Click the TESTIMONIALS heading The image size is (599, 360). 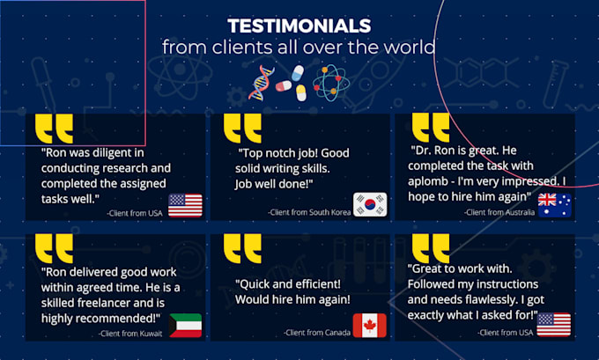[299, 26]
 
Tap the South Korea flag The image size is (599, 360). [370, 204]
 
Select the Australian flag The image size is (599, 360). [555, 205]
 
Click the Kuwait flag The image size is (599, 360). [185, 326]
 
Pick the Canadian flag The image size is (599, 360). [370, 326]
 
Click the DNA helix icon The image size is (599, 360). [261, 83]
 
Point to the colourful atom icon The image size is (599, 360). [331, 83]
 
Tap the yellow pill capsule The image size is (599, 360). [301, 92]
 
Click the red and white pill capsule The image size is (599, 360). [284, 86]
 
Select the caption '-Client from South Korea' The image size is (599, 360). [309, 212]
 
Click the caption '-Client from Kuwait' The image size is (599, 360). [130, 334]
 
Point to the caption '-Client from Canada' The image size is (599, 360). [317, 333]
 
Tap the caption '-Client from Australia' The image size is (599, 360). [499, 212]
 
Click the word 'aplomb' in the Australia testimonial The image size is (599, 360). [427, 181]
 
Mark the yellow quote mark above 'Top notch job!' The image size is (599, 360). [242, 129]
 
